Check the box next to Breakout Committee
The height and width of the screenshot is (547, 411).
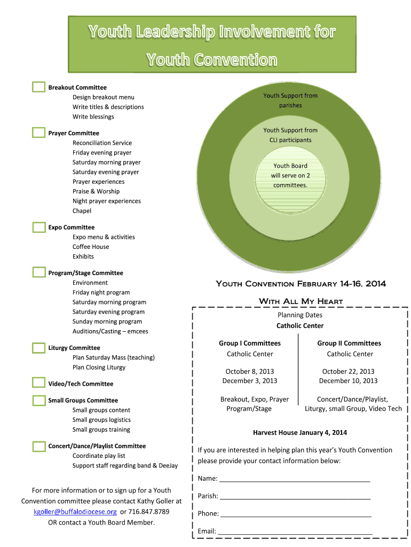(38, 87)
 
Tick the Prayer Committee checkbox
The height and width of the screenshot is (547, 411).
(38, 132)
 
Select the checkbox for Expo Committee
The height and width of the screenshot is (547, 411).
(38, 227)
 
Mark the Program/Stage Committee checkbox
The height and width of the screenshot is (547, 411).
(38, 272)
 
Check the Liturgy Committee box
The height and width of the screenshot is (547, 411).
(38, 348)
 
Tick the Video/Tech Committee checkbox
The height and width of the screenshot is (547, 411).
(38, 383)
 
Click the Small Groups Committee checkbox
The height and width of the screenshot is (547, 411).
(38, 400)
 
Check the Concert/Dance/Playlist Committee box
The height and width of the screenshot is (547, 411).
(38, 446)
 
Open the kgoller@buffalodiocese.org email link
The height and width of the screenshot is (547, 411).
(75, 512)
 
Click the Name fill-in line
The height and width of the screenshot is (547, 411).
(295, 479)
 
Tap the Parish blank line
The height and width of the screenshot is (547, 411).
(295, 497)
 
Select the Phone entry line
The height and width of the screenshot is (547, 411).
(296, 514)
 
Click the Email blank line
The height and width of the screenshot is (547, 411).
(295, 532)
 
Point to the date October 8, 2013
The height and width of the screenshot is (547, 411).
(250, 371)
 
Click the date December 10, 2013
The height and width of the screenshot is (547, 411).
(348, 381)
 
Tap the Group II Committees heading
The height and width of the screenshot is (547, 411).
(349, 343)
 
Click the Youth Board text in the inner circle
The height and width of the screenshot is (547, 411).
(290, 166)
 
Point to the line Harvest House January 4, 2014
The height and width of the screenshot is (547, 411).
(299, 433)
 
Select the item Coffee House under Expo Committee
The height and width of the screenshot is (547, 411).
(91, 247)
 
